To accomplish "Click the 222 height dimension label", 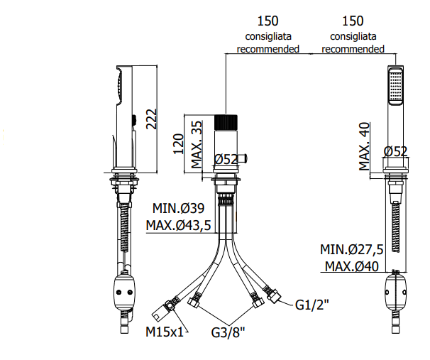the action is [x=151, y=119].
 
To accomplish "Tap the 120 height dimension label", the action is [x=178, y=144].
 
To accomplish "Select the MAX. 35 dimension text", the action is [x=197, y=145].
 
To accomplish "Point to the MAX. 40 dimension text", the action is [x=364, y=146].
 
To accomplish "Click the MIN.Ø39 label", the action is [x=178, y=208].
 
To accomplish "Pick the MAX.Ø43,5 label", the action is [x=179, y=225].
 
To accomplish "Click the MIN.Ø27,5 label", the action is [x=351, y=249].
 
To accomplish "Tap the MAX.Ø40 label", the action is [x=352, y=266].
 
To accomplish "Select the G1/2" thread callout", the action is [x=312, y=305].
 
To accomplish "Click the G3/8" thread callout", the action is [x=228, y=332].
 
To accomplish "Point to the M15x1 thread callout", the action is [x=165, y=332].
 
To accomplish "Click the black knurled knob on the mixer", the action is [x=226, y=123].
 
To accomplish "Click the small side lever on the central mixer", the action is [x=242, y=158].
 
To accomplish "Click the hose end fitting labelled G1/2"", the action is [x=272, y=294].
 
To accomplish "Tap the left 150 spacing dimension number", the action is [x=268, y=21].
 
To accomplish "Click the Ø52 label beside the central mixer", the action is [x=226, y=160].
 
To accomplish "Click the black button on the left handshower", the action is [x=134, y=119].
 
